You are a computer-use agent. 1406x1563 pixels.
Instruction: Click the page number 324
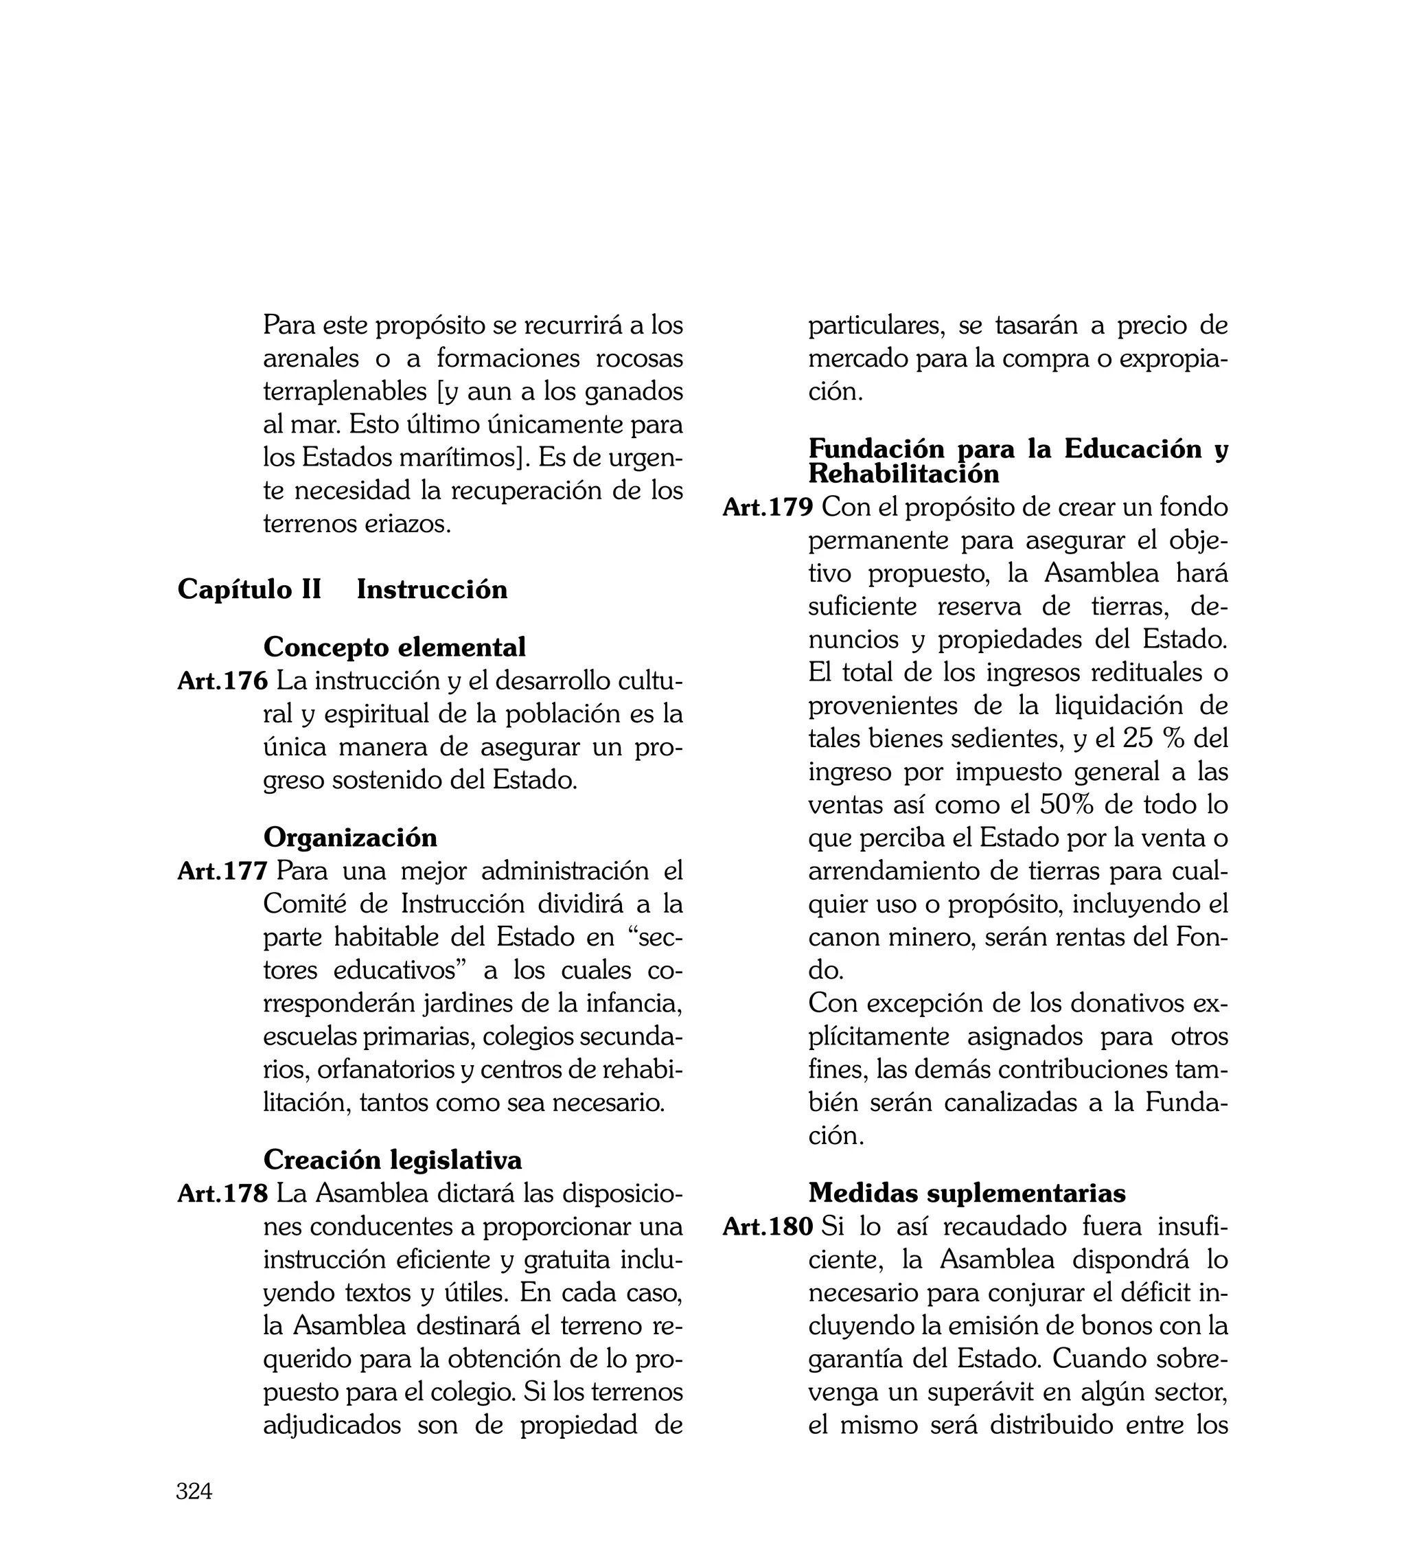point(194,1491)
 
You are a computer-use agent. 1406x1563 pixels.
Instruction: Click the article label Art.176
point(222,681)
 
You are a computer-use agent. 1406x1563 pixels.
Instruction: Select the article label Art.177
point(222,871)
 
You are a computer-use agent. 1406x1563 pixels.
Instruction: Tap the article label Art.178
point(222,1194)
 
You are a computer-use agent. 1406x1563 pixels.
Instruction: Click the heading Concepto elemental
point(394,647)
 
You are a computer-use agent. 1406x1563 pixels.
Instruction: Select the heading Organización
point(350,838)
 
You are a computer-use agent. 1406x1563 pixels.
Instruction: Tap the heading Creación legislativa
point(393,1160)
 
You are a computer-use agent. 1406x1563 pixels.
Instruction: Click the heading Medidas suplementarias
point(967,1193)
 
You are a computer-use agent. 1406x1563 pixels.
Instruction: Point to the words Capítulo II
point(249,589)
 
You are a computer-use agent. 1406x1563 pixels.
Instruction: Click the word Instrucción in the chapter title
point(432,589)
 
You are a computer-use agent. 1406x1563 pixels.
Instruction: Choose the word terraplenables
point(345,391)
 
